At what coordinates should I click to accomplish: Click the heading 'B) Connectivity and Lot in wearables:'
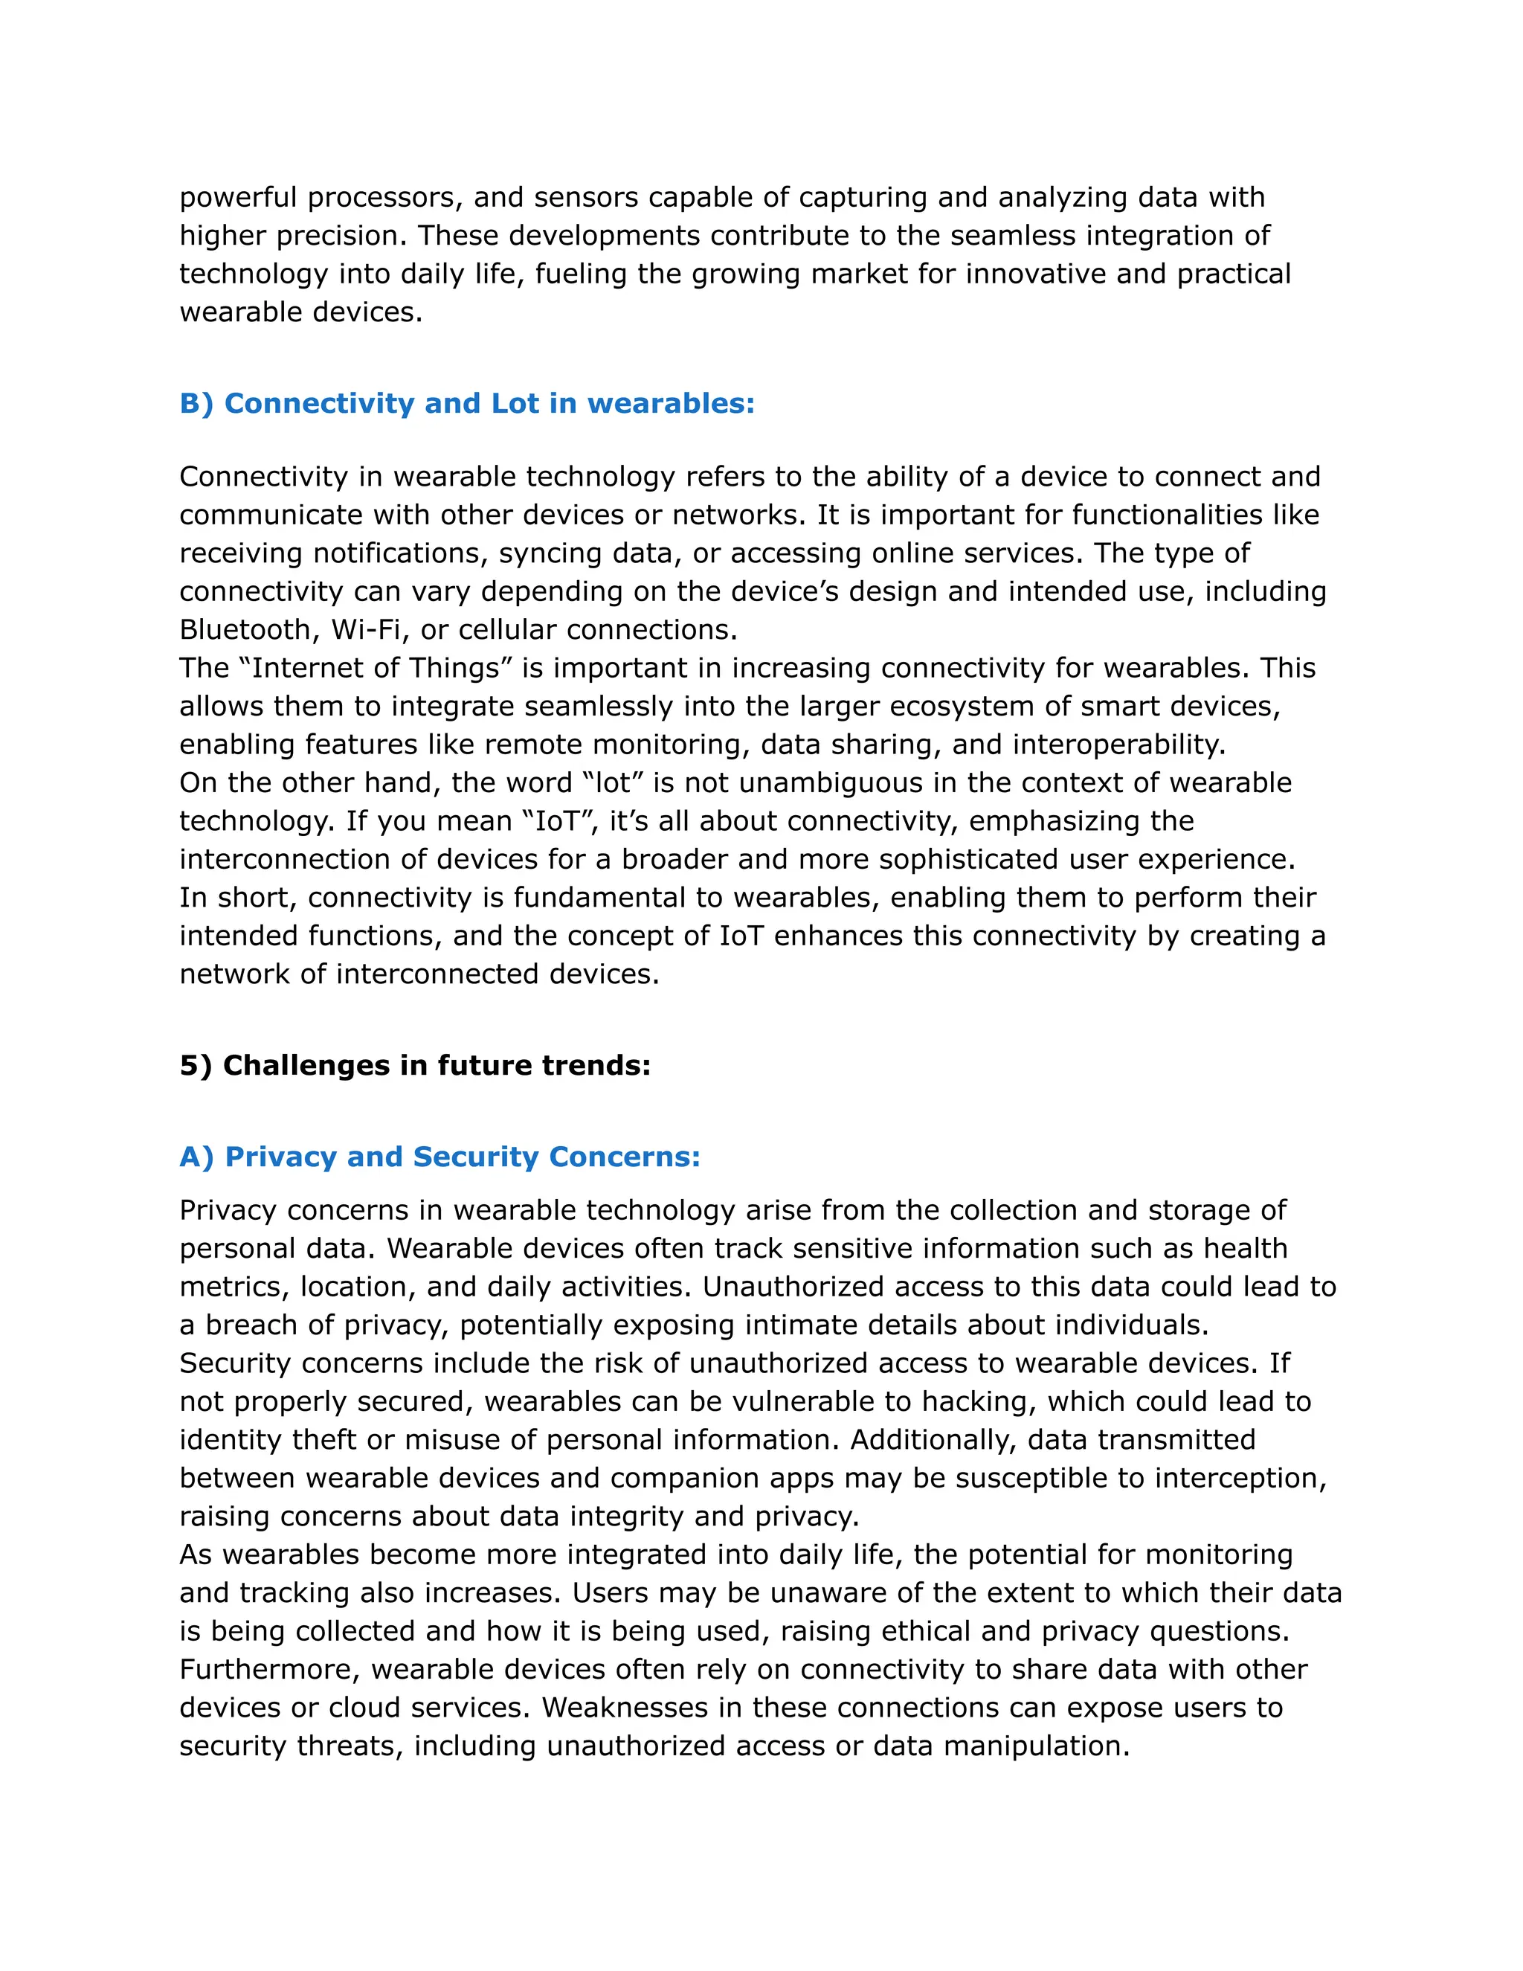point(466,403)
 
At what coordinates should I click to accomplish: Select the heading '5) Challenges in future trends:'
point(415,1065)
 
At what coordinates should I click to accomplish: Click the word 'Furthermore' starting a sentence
point(269,1669)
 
